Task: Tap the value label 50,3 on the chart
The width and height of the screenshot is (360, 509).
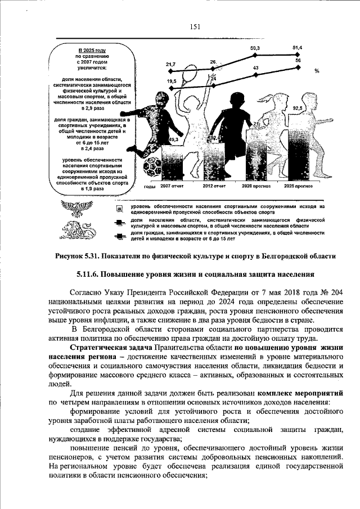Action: pos(255,49)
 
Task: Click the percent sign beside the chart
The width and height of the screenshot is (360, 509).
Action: pos(317,71)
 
